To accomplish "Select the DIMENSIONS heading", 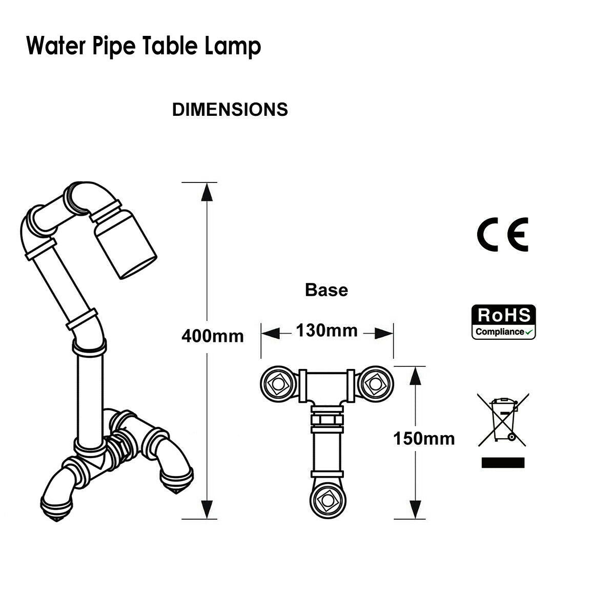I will [230, 110].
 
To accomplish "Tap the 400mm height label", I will [213, 336].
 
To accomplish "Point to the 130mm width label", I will [326, 331].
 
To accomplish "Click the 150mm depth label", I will [424, 439].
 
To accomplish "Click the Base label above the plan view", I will [326, 290].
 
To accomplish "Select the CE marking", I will [502, 235].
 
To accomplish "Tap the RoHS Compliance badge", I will [504, 322].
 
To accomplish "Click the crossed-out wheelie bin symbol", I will [503, 419].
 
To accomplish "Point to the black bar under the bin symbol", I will [503, 463].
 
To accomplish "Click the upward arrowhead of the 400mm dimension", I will [207, 192].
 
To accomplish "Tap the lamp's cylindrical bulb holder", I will [126, 246].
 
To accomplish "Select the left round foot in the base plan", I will [277, 383].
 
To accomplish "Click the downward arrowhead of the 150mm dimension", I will [413, 509].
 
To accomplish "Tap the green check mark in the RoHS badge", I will [529, 332].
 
